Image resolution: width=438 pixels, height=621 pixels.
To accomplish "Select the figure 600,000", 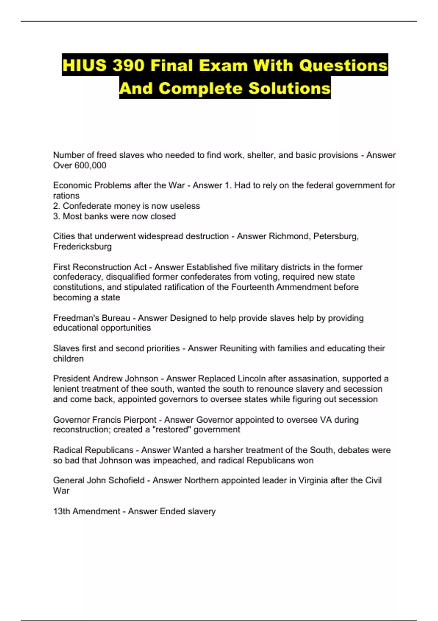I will pos(90,165).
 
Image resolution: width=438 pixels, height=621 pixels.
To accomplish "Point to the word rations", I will pos(66,196).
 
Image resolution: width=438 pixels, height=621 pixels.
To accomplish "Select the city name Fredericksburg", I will pos(82,247).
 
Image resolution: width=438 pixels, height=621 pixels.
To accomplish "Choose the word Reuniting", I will pos(238,348).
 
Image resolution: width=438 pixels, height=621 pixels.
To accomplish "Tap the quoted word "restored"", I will pos(172,430).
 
